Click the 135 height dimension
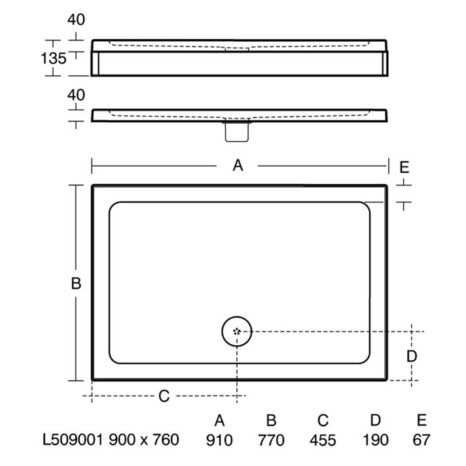point(54,58)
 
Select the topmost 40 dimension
point(76,20)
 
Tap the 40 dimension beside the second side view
point(76,95)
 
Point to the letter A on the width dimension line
point(238,165)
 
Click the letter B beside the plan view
point(76,283)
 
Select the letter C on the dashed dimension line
point(164,396)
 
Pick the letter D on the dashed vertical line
point(412,356)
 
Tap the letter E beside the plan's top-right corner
point(404,167)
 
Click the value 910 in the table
point(219,440)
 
